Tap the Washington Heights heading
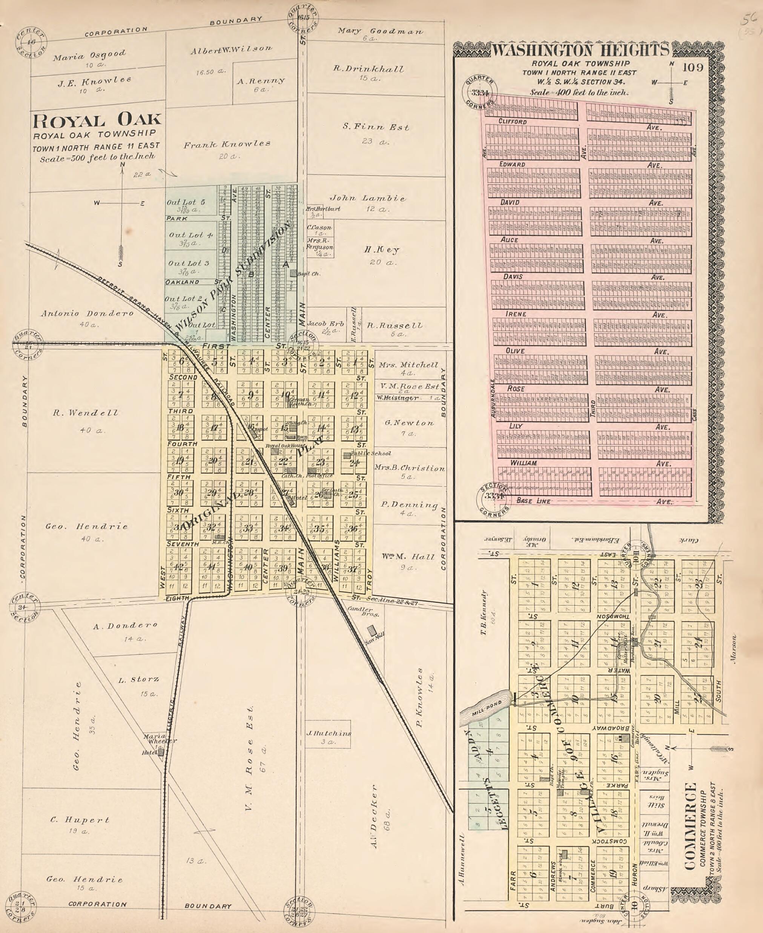(x=580, y=50)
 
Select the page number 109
(x=694, y=67)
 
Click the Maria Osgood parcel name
(x=89, y=56)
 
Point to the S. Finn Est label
(x=376, y=127)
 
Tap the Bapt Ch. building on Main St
(x=293, y=273)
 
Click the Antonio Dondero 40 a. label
(x=87, y=314)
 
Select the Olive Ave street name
(x=515, y=351)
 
